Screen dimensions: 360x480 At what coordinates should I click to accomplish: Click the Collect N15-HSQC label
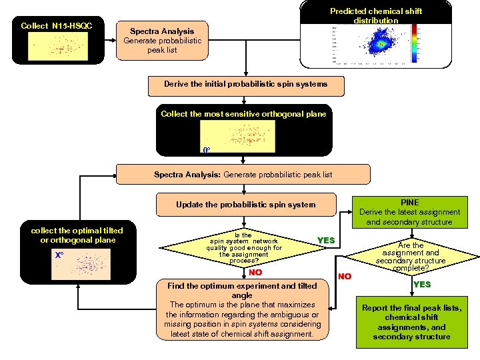[x=57, y=26]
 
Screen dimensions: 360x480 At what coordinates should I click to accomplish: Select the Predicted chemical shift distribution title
[x=376, y=16]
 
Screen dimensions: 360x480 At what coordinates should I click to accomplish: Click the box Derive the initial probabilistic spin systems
[x=246, y=85]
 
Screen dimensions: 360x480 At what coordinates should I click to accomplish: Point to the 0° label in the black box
[x=207, y=150]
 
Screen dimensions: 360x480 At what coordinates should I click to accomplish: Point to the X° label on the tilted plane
[x=59, y=255]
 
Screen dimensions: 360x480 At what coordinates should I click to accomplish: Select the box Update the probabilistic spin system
[x=245, y=204]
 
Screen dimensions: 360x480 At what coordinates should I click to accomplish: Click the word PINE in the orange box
[x=409, y=202]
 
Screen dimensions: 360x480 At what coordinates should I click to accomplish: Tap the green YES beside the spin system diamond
[x=326, y=240]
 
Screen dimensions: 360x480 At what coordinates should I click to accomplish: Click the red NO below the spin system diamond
[x=255, y=272]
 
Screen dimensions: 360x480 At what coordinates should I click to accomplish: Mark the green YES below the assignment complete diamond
[x=422, y=285]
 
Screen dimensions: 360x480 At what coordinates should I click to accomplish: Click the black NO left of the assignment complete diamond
[x=344, y=275]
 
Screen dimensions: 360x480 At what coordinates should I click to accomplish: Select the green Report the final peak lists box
[x=411, y=322]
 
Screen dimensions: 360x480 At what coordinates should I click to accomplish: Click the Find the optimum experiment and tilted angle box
[x=242, y=309]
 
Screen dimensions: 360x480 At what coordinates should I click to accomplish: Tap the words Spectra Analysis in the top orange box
[x=162, y=31]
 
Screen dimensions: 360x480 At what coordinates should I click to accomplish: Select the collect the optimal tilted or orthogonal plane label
[x=73, y=235]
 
